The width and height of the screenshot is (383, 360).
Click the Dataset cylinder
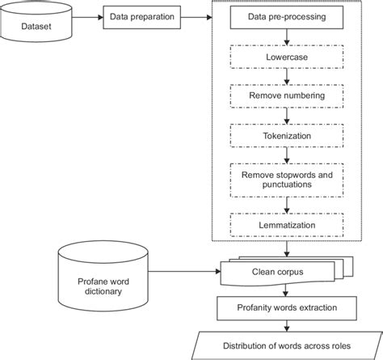(40, 24)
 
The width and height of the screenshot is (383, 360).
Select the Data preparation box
(140, 15)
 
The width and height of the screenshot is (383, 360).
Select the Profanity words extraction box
(274, 308)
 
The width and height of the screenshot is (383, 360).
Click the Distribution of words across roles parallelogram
(276, 347)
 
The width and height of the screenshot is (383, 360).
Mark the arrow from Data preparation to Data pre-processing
(197, 16)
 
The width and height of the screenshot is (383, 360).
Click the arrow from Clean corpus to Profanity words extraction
(275, 290)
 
